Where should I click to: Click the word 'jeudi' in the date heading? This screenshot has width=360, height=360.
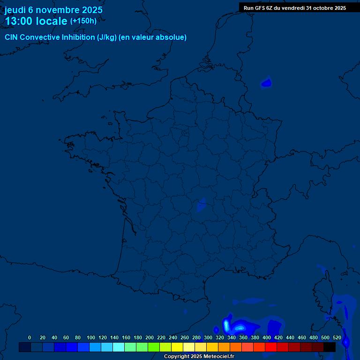tap(15, 10)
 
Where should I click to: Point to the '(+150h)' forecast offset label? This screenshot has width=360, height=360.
tap(83, 21)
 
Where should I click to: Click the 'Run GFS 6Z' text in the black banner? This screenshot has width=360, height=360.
tap(258, 8)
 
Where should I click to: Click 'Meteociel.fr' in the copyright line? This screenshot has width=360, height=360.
tap(219, 357)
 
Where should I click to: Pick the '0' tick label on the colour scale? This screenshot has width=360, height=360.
tap(30, 337)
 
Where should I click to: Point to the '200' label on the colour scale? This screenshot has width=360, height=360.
tap(150, 337)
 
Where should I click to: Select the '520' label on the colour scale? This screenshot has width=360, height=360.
tap(337, 337)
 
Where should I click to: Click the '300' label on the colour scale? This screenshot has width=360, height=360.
tap(208, 337)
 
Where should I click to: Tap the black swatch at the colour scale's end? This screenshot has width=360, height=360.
tap(330, 347)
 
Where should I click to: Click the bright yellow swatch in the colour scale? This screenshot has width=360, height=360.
tap(177, 347)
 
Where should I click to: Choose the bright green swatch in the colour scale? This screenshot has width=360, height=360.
tap(154, 347)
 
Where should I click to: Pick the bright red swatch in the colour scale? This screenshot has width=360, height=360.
tap(271, 347)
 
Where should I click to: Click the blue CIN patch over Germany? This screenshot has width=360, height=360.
tap(266, 83)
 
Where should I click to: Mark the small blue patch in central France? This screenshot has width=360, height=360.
tap(202, 204)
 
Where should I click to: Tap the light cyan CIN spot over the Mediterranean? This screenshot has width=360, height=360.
tap(226, 324)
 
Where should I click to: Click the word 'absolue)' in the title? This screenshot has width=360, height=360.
tap(172, 37)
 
